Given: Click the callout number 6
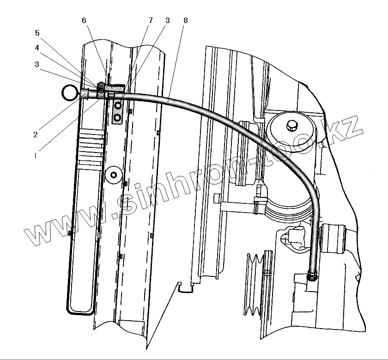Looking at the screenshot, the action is (84, 21).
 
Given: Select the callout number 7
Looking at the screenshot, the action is (150, 21).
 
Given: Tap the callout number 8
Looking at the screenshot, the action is (185, 21).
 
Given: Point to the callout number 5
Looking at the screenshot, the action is (38, 33).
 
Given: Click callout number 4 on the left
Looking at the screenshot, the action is (36, 48).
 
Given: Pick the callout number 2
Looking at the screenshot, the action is (35, 134).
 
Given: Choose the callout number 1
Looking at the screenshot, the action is (35, 156).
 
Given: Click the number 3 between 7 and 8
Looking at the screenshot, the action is (168, 21).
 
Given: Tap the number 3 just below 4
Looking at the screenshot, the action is (36, 64).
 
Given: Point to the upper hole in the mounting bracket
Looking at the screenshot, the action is (118, 106).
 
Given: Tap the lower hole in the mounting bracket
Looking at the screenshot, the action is (118, 118).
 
